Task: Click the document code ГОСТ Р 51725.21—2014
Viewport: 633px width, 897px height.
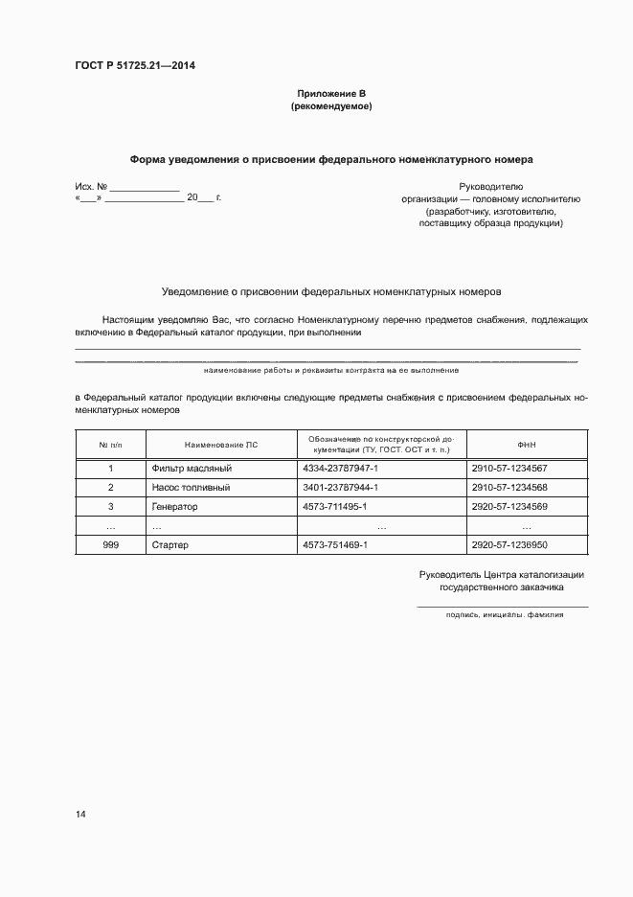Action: (x=135, y=66)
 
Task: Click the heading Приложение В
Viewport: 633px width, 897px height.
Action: (x=331, y=94)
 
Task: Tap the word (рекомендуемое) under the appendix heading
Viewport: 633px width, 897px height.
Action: (x=331, y=106)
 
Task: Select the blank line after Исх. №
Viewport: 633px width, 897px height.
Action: (x=145, y=190)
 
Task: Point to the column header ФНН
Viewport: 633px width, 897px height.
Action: (x=526, y=445)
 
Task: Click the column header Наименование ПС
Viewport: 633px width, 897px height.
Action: (x=221, y=445)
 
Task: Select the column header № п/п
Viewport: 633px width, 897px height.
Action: (x=111, y=445)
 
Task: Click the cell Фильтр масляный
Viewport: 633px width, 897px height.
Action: (x=192, y=469)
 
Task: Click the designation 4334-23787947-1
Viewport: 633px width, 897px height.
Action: (x=341, y=469)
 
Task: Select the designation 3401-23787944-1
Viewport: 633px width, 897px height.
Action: (x=341, y=488)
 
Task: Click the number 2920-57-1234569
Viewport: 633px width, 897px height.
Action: (x=509, y=507)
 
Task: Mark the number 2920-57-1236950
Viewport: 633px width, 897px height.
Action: (x=509, y=545)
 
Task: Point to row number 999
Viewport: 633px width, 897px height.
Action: (x=111, y=545)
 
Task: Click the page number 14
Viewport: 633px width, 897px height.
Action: (x=80, y=815)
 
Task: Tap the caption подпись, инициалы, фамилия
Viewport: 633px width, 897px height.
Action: (x=505, y=615)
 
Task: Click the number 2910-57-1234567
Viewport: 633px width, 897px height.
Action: (x=509, y=469)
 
